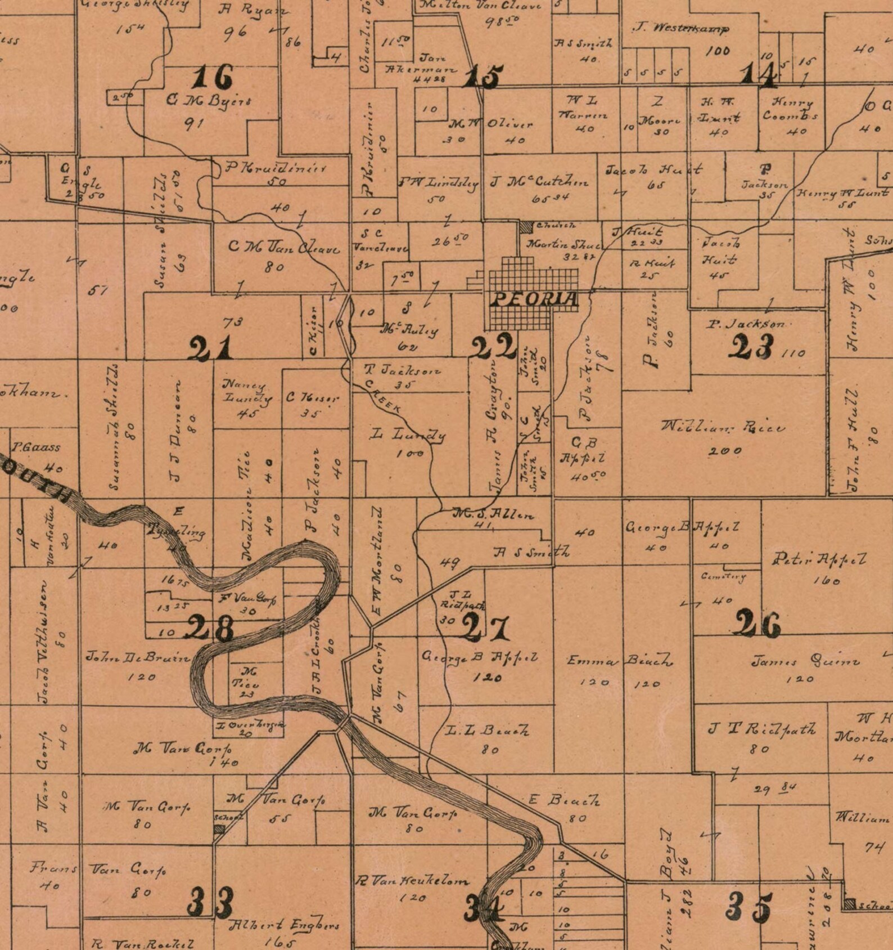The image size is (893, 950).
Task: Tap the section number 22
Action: [494, 348]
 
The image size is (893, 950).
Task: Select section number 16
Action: [211, 78]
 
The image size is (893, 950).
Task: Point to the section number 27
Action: [486, 628]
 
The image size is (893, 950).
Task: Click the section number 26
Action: [757, 624]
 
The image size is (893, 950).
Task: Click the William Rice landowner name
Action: [723, 427]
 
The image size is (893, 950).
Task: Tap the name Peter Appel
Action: [819, 559]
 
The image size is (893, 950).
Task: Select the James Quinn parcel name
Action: [805, 661]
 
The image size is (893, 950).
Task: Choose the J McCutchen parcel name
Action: [539, 182]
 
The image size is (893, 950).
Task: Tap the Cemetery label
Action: [723, 577]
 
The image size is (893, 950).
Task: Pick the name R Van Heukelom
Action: [412, 881]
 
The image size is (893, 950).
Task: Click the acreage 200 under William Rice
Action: [725, 451]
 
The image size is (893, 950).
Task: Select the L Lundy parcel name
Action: [408, 434]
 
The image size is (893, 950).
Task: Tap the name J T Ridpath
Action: [761, 729]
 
